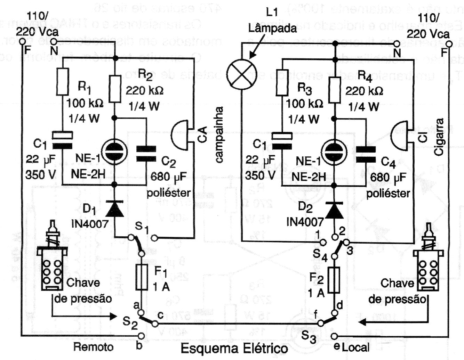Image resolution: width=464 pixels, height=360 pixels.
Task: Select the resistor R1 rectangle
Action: pos(63,82)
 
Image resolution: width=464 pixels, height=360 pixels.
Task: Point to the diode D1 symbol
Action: pos(115,208)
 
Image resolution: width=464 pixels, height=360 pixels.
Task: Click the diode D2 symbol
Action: pos(334,209)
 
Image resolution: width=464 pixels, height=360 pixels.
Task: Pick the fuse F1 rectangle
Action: pos(142,277)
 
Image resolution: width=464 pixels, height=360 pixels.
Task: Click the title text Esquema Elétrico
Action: pos(234,348)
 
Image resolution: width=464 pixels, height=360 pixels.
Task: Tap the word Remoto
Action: pos(93,346)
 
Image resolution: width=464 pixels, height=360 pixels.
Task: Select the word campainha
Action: pos(219,134)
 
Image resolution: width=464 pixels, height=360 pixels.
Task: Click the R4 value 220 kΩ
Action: pos(364,91)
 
